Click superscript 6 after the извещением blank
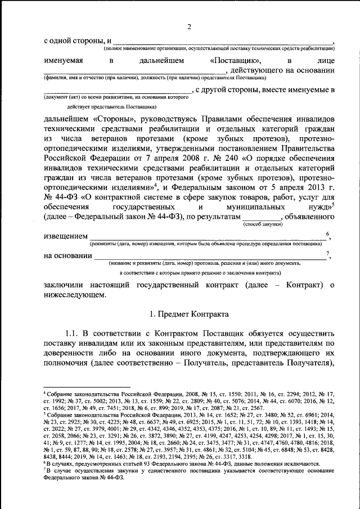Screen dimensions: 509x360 click(x=328, y=233)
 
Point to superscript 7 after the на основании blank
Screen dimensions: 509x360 click(x=328, y=253)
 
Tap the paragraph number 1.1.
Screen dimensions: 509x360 click(x=74, y=332)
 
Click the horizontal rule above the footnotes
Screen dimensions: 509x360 click(x=87, y=387)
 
